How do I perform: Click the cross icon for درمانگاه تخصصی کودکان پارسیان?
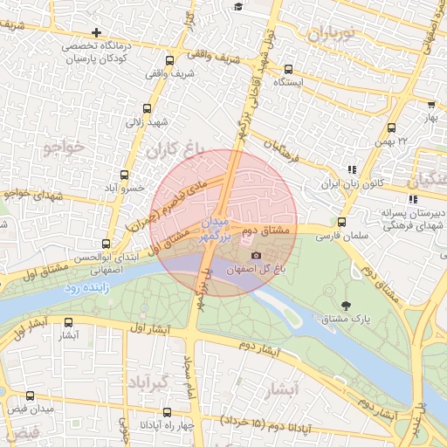97,32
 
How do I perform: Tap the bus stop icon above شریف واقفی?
169,60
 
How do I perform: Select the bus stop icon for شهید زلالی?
146,109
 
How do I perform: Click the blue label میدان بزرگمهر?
218,225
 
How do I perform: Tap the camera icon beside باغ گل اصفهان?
256,255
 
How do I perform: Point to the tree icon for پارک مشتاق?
347,305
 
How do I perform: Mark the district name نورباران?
328,36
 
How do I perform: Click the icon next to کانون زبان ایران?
352,170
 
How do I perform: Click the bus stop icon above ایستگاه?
289,69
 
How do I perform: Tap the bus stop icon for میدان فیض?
31,395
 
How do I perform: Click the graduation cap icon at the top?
238,7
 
